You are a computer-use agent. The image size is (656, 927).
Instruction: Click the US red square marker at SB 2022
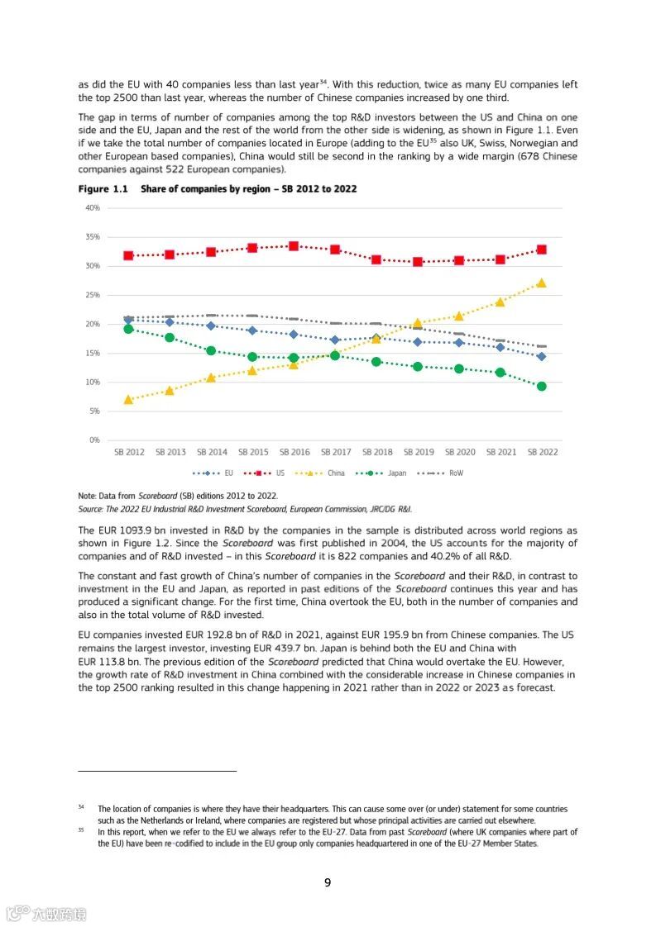click(x=541, y=250)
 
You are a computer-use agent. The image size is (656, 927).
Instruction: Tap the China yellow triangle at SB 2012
click(x=128, y=400)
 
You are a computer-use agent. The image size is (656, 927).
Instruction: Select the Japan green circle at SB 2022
click(x=541, y=386)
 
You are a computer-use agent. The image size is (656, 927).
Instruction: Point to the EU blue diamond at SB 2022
click(x=541, y=357)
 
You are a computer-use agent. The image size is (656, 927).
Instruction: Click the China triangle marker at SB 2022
click(x=541, y=283)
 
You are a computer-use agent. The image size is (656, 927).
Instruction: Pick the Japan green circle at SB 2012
click(x=128, y=329)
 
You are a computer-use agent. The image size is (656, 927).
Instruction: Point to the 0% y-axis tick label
click(x=94, y=440)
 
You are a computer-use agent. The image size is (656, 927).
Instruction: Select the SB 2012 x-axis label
click(x=128, y=453)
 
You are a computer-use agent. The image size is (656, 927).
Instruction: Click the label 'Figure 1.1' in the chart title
click(x=103, y=189)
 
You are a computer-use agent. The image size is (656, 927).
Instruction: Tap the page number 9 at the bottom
click(x=328, y=882)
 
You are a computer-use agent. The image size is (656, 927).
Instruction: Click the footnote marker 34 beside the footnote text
click(x=81, y=806)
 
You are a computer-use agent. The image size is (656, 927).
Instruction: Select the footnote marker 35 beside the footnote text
click(x=81, y=830)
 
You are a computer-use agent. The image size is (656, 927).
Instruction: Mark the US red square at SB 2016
click(x=294, y=246)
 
